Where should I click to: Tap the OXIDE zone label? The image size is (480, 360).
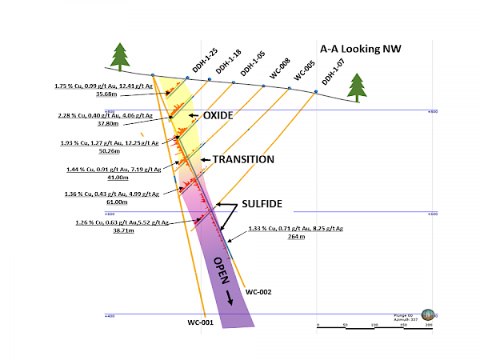tap(218, 116)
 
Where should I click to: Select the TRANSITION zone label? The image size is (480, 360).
tap(243, 159)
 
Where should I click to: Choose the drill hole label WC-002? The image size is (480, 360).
tap(259, 292)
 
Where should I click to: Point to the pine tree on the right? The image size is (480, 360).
tap(358, 86)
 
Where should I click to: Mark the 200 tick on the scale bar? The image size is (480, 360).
tap(429, 325)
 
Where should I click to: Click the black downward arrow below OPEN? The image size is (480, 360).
tap(232, 298)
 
